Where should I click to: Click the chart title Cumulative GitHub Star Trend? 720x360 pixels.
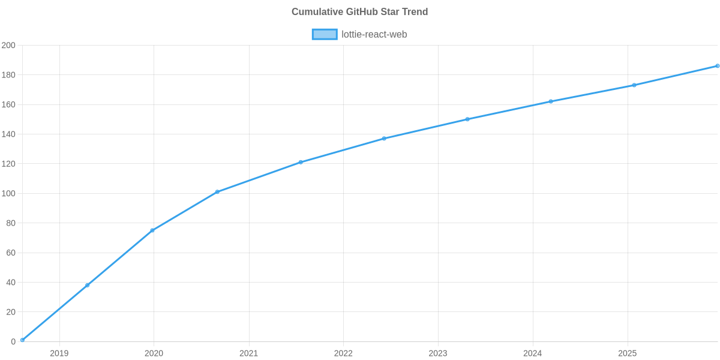359,12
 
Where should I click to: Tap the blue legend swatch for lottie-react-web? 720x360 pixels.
324,34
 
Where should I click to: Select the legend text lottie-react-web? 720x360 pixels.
374,34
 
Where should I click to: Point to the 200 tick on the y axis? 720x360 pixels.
8,46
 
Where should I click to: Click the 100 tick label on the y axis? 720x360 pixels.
8,194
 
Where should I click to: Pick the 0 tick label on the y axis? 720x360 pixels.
13,342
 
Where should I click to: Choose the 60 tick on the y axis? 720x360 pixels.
10,253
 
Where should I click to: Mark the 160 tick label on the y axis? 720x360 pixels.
8,105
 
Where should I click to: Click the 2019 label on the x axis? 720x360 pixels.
59,353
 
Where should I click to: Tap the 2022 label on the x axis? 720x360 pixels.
343,353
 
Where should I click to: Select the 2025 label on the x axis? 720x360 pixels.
628,353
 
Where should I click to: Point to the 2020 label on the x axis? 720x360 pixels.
154,353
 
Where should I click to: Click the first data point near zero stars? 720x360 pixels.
22,340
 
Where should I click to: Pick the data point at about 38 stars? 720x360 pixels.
88,285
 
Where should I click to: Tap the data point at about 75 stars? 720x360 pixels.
152,230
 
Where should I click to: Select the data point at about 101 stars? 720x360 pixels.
217,192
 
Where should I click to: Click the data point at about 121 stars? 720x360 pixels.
301,162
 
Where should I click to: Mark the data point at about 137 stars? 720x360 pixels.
384,139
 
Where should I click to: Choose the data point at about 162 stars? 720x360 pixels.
551,101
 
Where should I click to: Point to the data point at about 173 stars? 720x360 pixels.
634,85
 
